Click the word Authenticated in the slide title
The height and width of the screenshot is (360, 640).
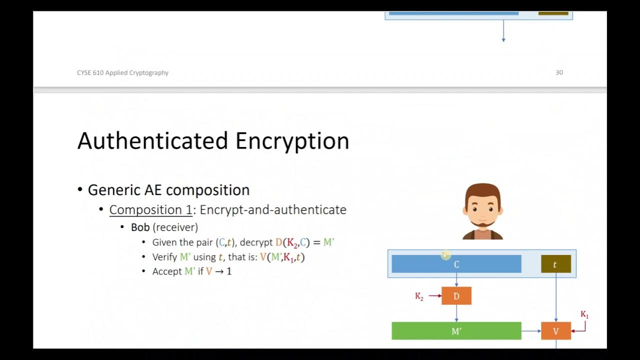point(153,141)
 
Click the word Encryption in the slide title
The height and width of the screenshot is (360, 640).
point(292,141)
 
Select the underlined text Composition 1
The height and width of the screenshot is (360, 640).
point(150,209)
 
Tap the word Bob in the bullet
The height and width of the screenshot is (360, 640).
point(140,227)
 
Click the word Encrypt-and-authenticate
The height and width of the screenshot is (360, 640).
point(273,209)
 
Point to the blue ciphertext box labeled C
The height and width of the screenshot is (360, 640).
point(456,264)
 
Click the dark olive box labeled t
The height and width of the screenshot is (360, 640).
point(555,264)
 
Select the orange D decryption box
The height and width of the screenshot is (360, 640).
point(456,296)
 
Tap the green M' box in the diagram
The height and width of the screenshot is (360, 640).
point(456,331)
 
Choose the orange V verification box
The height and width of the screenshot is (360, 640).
point(555,331)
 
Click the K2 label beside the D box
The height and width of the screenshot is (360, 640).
point(419,296)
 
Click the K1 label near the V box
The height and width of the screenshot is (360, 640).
point(584,314)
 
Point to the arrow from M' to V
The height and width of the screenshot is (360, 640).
point(531,331)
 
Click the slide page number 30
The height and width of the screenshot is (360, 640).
point(559,72)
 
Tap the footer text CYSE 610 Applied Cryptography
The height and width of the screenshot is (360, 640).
point(122,72)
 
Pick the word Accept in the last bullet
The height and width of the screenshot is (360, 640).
point(167,271)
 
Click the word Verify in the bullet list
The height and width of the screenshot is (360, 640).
point(164,257)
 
